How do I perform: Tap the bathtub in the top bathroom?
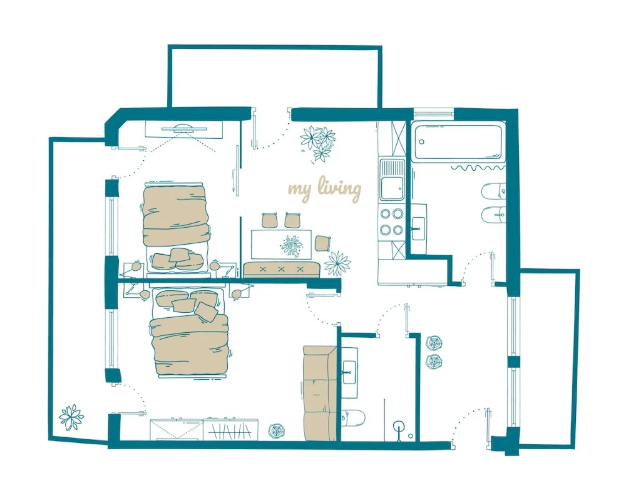coord(458,142)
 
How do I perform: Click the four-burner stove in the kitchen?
coord(392,221)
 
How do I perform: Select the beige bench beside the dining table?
coord(281,269)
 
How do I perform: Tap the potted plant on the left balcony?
coord(71,417)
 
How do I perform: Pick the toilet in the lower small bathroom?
coord(353,418)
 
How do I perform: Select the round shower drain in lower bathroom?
coord(399,427)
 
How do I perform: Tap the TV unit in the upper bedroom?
coord(184,130)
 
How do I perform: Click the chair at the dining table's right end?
coord(322,242)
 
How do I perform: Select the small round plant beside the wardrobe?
coord(277,430)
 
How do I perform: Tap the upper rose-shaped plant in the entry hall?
coord(433,343)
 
